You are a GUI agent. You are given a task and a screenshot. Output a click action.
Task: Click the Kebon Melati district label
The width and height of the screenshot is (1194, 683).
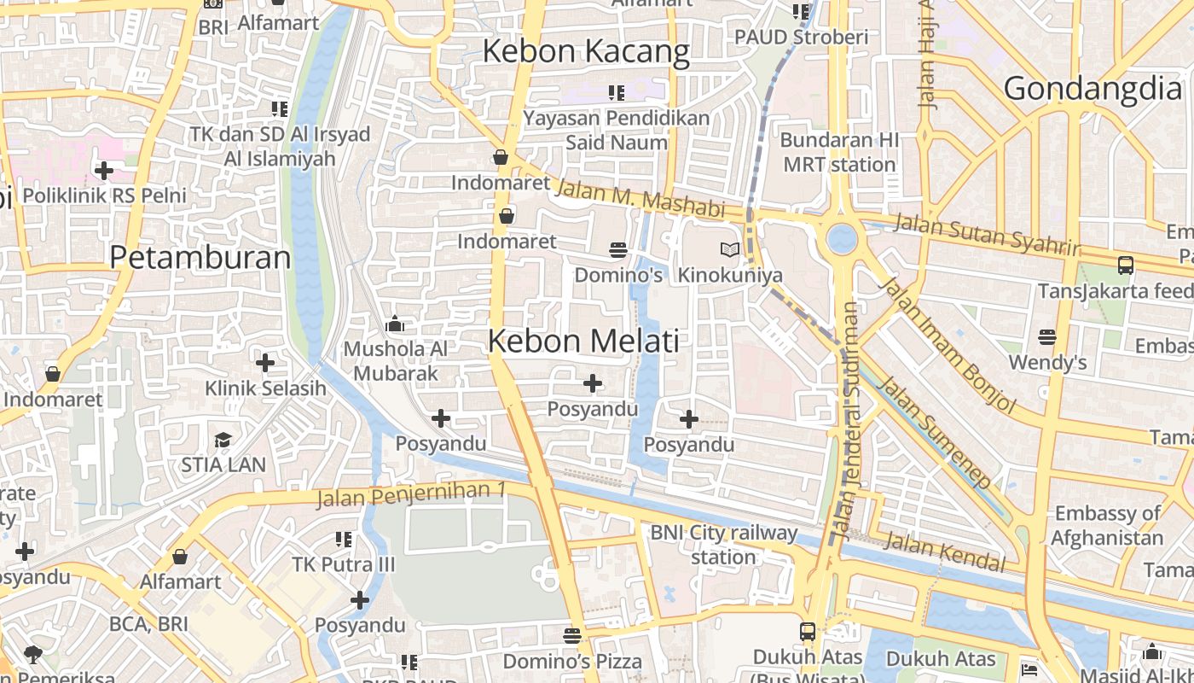click(583, 341)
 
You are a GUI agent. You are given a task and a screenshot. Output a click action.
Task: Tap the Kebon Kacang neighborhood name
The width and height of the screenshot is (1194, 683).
click(586, 51)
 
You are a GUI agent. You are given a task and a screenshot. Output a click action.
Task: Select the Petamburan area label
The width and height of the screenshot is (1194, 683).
click(200, 257)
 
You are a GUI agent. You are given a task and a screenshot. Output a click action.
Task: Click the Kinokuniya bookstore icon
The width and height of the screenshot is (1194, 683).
click(729, 249)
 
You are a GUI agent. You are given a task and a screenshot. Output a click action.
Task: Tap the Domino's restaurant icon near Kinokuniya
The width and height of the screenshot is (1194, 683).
click(618, 249)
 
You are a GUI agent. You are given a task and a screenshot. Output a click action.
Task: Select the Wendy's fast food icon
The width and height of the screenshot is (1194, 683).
click(1047, 337)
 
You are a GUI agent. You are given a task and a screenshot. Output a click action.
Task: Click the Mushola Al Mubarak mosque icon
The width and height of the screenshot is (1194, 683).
click(394, 324)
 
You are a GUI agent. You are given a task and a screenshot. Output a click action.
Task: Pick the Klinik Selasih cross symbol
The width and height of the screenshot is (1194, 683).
click(265, 363)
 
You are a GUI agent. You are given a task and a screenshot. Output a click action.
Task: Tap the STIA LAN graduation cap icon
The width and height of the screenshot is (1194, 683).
click(223, 440)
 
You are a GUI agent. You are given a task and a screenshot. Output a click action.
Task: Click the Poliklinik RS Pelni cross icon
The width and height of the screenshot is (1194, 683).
click(103, 171)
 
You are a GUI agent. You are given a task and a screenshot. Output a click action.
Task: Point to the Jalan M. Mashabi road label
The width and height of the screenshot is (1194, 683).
click(639, 197)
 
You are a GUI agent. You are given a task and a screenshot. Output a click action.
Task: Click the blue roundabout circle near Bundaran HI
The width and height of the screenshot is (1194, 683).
click(842, 238)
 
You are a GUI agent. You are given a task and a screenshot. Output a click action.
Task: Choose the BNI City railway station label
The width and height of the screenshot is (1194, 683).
click(723, 545)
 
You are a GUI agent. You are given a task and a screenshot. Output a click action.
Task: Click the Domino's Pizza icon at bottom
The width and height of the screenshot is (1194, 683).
click(571, 635)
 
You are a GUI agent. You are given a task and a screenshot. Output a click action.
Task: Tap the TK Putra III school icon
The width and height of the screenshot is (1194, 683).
click(344, 539)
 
